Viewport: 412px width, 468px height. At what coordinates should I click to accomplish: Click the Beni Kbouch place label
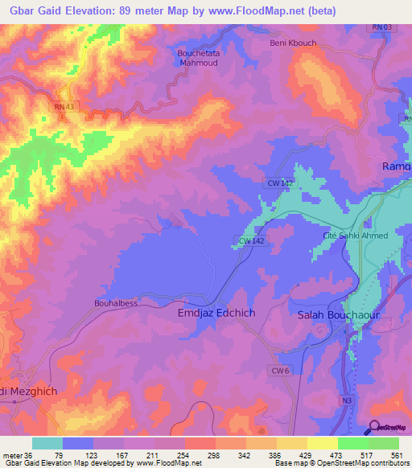(x=293, y=43)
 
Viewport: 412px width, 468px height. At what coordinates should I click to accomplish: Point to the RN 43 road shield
(x=63, y=106)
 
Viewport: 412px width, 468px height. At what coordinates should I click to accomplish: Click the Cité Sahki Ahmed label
(x=355, y=236)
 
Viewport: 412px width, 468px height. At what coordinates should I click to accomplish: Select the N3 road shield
(x=348, y=399)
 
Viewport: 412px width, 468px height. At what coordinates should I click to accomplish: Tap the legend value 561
(x=394, y=454)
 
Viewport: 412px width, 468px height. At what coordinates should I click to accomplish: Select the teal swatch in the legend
(x=47, y=443)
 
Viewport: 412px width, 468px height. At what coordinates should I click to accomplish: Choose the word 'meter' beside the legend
(x=11, y=454)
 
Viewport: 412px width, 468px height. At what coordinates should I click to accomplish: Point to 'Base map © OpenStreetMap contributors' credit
(x=347, y=463)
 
